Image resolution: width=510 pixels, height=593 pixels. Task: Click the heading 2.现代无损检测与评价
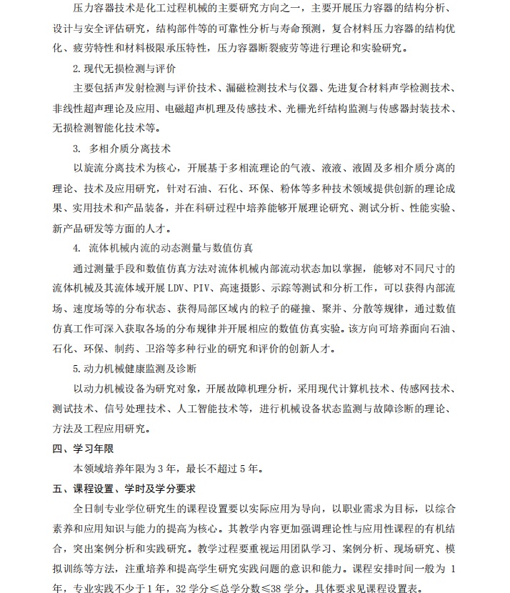coord(124,69)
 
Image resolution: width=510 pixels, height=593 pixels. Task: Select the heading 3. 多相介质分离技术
coord(121,149)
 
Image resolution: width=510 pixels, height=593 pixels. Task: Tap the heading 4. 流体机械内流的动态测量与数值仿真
coord(163,249)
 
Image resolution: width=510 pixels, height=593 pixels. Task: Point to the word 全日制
coord(89,509)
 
